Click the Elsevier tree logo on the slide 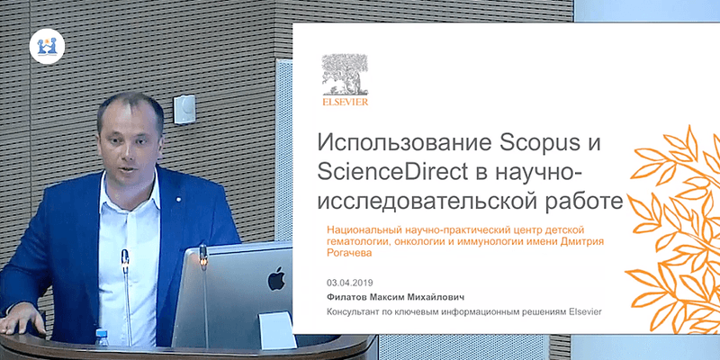point(345,75)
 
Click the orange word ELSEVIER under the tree point(346,102)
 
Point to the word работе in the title point(579,201)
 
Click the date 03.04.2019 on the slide point(350,283)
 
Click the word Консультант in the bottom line point(351,312)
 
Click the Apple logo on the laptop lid point(276,278)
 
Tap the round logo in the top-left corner point(48,46)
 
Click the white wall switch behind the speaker point(184,109)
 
